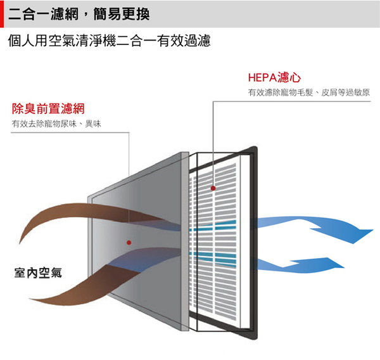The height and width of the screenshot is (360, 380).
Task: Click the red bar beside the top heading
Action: point(2,14)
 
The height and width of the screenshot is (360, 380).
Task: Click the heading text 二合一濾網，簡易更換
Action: point(79,14)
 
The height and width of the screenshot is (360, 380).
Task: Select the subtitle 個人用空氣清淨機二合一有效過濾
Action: point(110,41)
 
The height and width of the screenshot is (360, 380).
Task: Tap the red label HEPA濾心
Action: point(274,77)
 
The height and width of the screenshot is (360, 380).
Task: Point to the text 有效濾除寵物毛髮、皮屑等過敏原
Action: point(309,93)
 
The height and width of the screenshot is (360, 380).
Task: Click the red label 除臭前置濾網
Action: point(48,108)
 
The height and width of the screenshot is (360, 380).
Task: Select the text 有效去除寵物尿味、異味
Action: point(56,124)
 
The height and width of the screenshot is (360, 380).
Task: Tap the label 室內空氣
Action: point(38,273)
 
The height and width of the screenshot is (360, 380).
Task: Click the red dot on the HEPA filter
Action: point(213,188)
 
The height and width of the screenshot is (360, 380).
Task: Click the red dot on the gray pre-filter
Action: point(129,243)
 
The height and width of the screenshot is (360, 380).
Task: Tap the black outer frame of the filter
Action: point(254,243)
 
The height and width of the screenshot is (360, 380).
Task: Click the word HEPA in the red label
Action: point(262,78)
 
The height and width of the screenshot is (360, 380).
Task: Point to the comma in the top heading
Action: point(85,18)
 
